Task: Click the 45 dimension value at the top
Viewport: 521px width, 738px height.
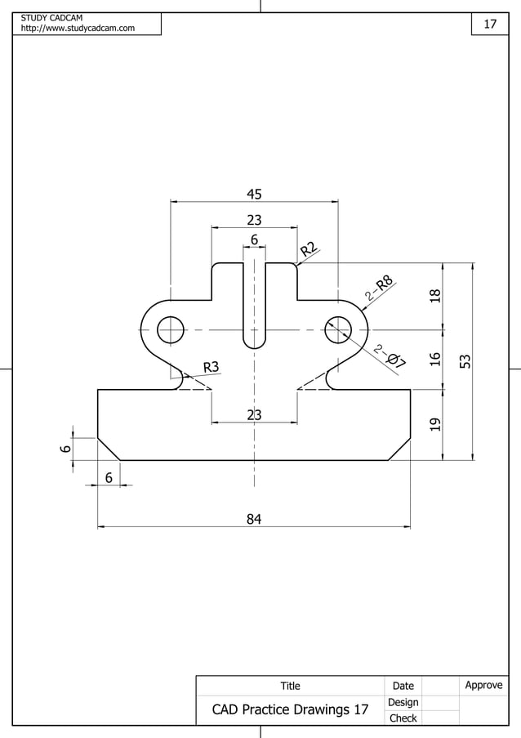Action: tap(254, 194)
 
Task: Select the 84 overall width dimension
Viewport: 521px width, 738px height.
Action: tap(254, 518)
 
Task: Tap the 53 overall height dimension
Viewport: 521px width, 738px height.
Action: tap(465, 361)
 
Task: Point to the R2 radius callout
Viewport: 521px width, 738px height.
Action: tap(308, 249)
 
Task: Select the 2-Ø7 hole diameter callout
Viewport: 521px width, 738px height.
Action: tap(390, 358)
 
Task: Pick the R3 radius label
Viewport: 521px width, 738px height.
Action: tap(212, 367)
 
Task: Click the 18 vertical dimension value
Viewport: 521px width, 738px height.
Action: tap(435, 297)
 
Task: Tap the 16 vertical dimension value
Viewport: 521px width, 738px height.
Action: tap(435, 359)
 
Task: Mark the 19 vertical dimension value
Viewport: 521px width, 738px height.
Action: tap(435, 424)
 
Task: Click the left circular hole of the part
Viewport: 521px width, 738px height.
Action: tap(171, 330)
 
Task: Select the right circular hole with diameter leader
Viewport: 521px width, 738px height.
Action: tap(337, 330)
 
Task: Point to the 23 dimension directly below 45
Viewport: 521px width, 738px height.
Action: tap(254, 220)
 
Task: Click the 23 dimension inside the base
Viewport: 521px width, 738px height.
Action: tap(254, 415)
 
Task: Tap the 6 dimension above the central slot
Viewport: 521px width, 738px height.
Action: tap(254, 240)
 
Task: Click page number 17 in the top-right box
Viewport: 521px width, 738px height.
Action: tap(490, 25)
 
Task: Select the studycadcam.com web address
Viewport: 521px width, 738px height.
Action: tap(78, 29)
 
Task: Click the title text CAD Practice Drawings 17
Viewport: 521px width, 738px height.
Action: tap(290, 709)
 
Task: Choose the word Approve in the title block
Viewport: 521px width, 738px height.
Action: tap(483, 685)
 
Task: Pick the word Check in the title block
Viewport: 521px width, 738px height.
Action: tap(403, 718)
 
